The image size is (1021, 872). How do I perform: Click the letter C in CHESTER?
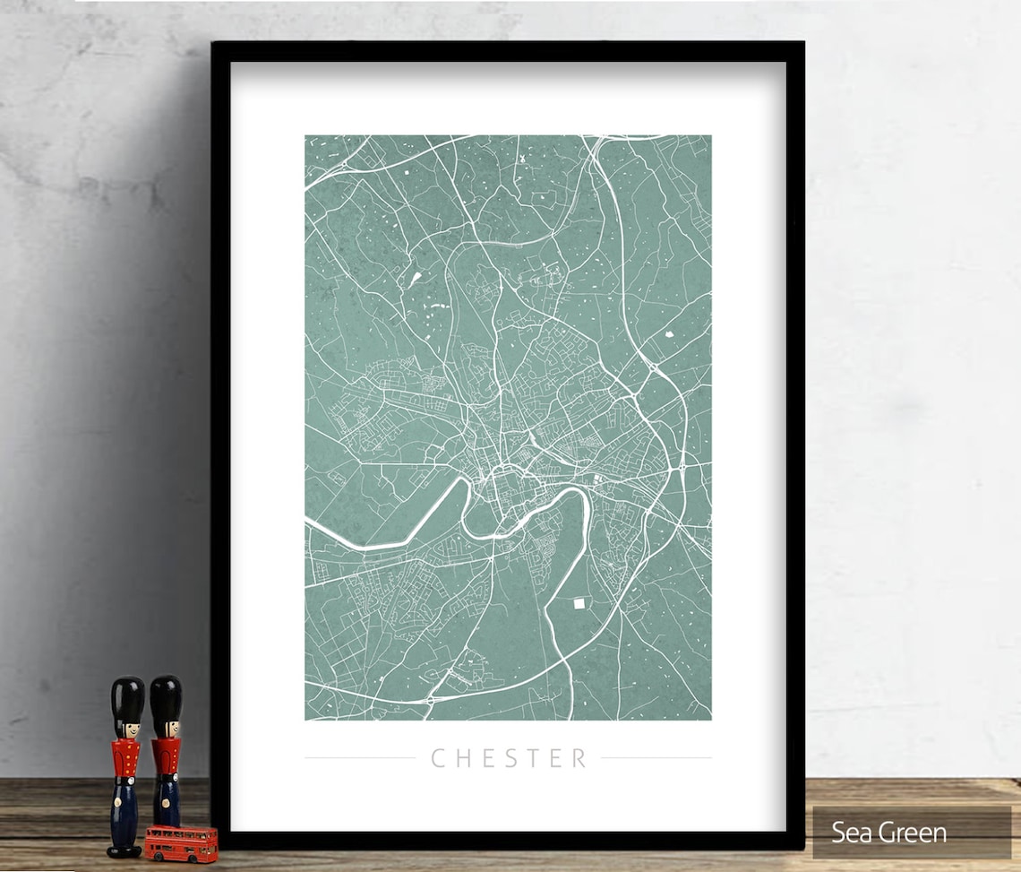439,758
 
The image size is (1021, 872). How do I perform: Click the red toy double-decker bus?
181,842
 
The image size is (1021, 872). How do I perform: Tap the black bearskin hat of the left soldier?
127,699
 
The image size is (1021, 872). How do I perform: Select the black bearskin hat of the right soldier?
166,697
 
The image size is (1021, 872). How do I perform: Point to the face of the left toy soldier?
128,729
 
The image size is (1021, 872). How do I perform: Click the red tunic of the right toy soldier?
166,757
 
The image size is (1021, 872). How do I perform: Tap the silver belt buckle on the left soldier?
126,778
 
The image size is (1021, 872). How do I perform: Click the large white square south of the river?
579,604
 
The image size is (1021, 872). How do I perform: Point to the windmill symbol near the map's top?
515,158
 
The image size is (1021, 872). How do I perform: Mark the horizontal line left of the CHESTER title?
359,758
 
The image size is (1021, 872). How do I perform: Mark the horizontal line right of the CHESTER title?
656,758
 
